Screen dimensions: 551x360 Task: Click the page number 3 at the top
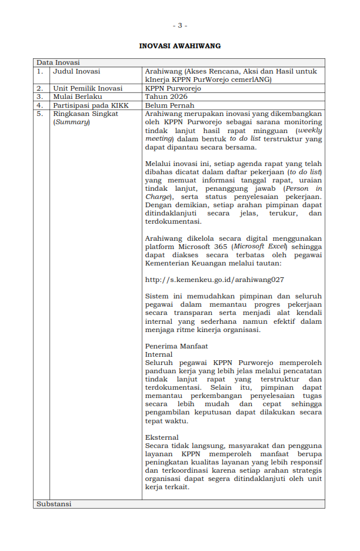coord(180,25)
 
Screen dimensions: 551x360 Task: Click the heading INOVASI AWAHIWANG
coord(180,45)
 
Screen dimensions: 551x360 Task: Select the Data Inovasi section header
coord(58,62)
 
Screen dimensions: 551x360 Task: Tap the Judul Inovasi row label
coord(76,71)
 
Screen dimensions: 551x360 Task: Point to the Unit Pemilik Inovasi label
coord(88,88)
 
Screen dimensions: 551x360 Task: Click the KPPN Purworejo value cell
coord(173,88)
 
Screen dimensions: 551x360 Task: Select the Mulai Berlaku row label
coord(78,97)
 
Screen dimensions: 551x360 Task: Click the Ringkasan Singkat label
coord(85,114)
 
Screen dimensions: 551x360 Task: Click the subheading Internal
coord(159,354)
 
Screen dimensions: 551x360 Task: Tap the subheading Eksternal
coord(162,437)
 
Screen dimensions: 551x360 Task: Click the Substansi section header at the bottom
coord(54,504)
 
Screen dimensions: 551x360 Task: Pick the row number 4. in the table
coord(40,105)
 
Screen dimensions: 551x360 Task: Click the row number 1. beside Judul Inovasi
coord(40,71)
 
